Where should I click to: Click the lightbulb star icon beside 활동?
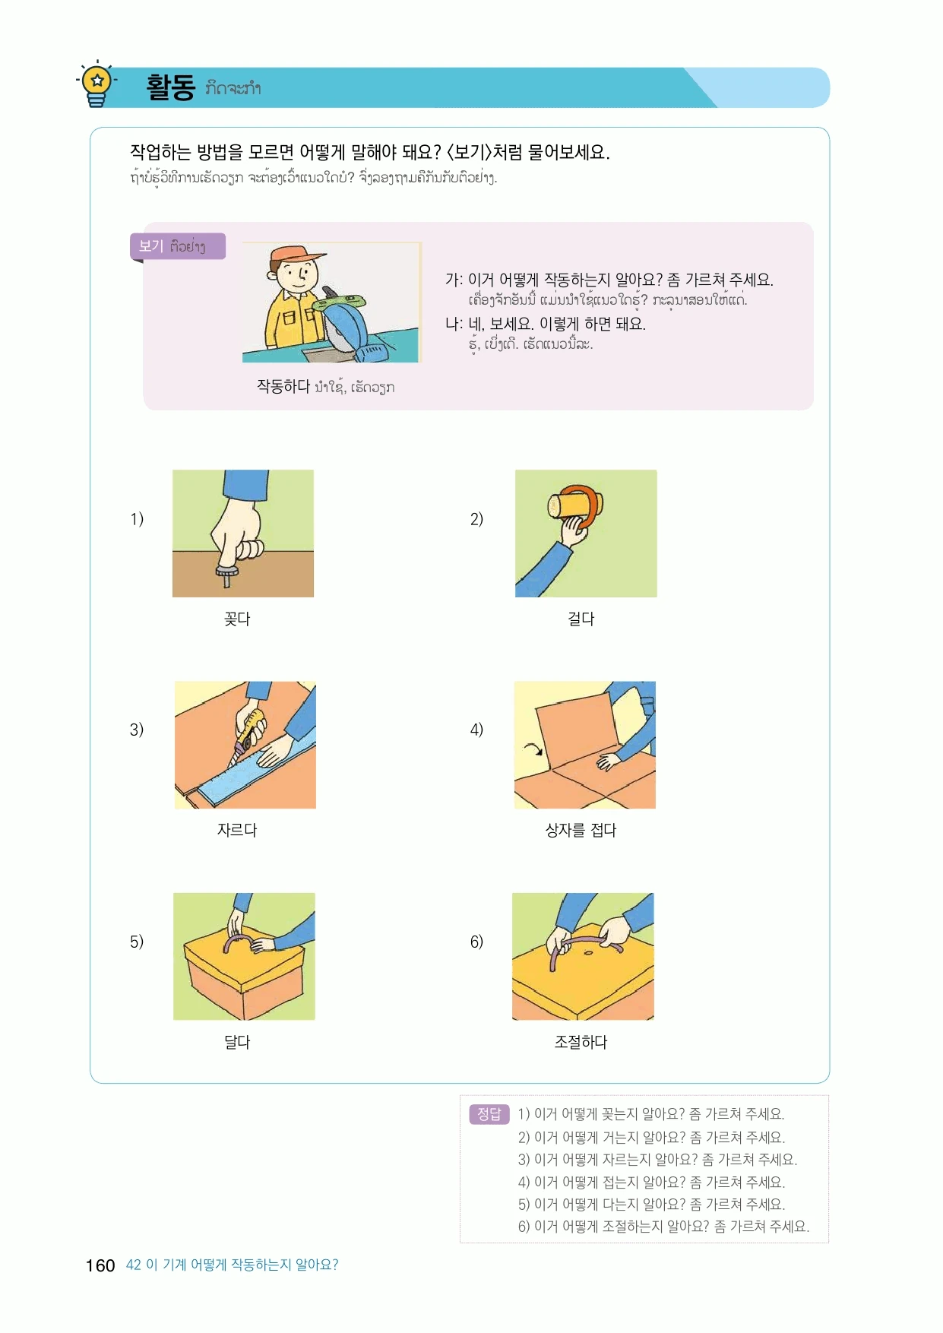pos(97,83)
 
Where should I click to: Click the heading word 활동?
pos(171,87)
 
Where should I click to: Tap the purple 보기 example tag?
pos(178,246)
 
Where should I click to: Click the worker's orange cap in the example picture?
pos(290,255)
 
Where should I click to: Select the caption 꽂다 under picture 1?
pos(237,619)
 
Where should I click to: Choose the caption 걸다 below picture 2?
pos(581,619)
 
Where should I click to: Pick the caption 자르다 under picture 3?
pos(237,830)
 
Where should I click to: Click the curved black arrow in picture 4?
pos(534,749)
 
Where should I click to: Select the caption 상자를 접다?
pos(581,830)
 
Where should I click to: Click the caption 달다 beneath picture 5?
pos(237,1042)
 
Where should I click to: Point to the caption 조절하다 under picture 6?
pos(581,1042)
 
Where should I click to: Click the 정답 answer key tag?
pos(489,1114)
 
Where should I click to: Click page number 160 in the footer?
pos(100,1265)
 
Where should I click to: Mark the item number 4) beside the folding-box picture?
pos(476,730)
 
